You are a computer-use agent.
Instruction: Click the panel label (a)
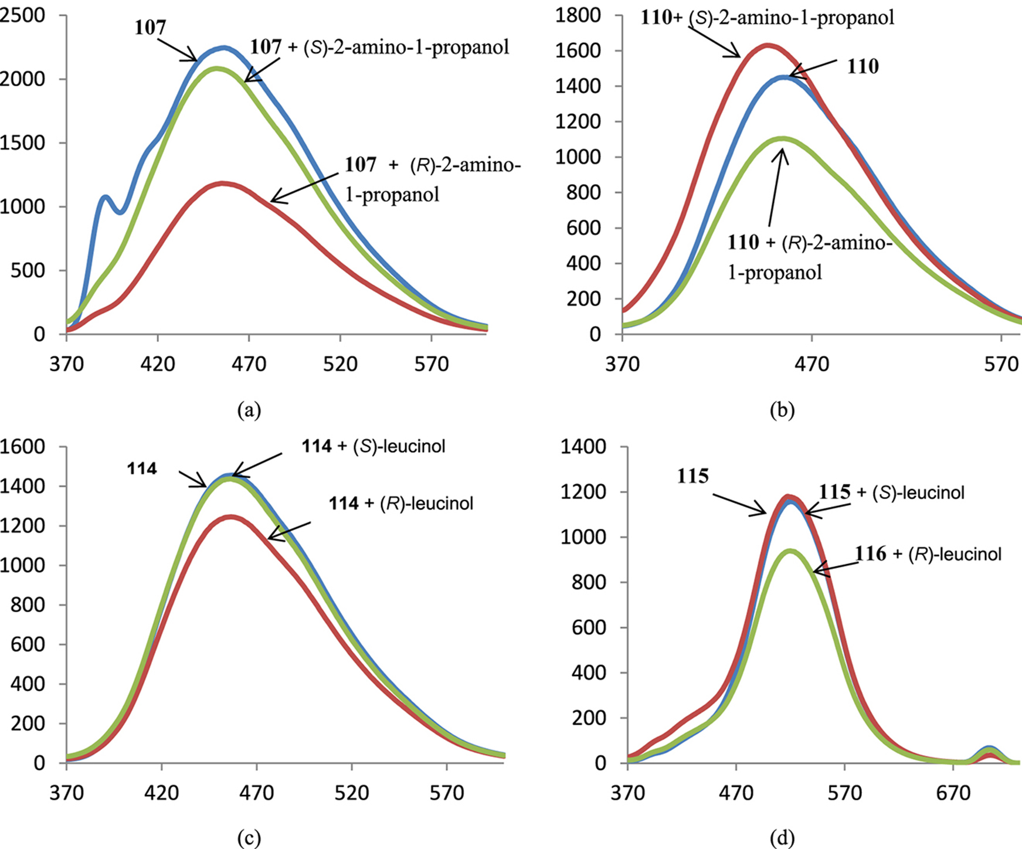click(249, 410)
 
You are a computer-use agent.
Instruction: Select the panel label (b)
click(782, 410)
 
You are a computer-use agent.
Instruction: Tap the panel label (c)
click(249, 838)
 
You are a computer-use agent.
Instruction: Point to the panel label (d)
click(782, 838)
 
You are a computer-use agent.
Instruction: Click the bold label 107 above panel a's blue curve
click(150, 28)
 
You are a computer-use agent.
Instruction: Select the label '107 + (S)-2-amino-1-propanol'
click(379, 47)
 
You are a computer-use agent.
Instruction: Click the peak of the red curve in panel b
click(767, 45)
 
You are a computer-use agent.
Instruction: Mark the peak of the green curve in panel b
click(782, 139)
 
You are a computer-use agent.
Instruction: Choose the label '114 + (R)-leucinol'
click(401, 503)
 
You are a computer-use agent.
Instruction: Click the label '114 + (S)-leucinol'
click(374, 446)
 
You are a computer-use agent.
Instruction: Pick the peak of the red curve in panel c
click(231, 517)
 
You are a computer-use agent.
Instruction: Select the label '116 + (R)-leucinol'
click(928, 554)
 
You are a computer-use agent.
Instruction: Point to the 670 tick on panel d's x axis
click(953, 793)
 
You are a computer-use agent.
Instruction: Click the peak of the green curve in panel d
click(790, 551)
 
